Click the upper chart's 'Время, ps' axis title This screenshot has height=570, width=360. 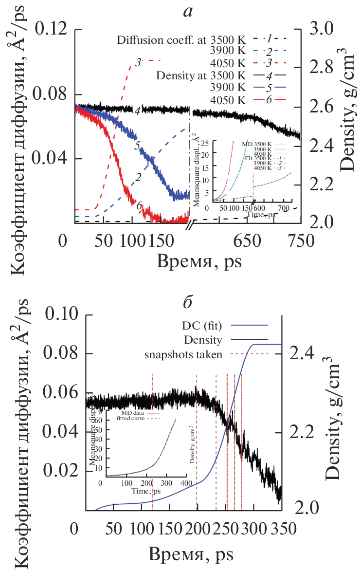point(199,261)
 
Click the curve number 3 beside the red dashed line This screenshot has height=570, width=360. point(138,63)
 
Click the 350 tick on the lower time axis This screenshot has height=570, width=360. point(282,529)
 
